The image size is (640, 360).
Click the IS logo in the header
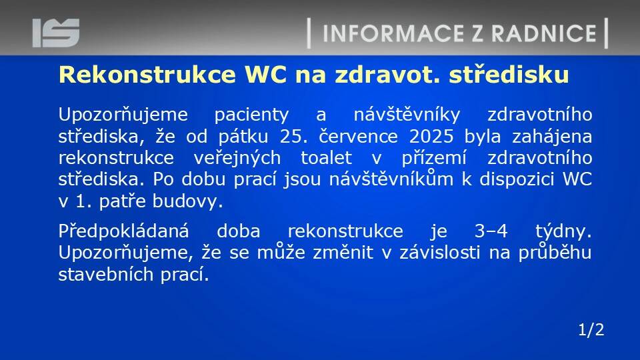coord(56,33)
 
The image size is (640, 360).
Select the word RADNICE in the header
coord(544,33)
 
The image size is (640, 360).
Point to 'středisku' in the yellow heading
coord(509,74)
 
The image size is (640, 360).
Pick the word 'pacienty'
coord(251,115)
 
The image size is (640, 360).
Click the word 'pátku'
coord(243,136)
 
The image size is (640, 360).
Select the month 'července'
coord(358,136)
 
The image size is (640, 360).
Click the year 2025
coord(431,136)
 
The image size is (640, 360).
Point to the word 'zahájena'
coord(552,136)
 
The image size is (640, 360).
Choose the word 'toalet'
coord(327,157)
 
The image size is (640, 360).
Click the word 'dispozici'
coord(515,179)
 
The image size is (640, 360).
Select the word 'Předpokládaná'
coord(124,232)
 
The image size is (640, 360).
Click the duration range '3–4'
coord(491,231)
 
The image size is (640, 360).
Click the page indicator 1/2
coord(591,330)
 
